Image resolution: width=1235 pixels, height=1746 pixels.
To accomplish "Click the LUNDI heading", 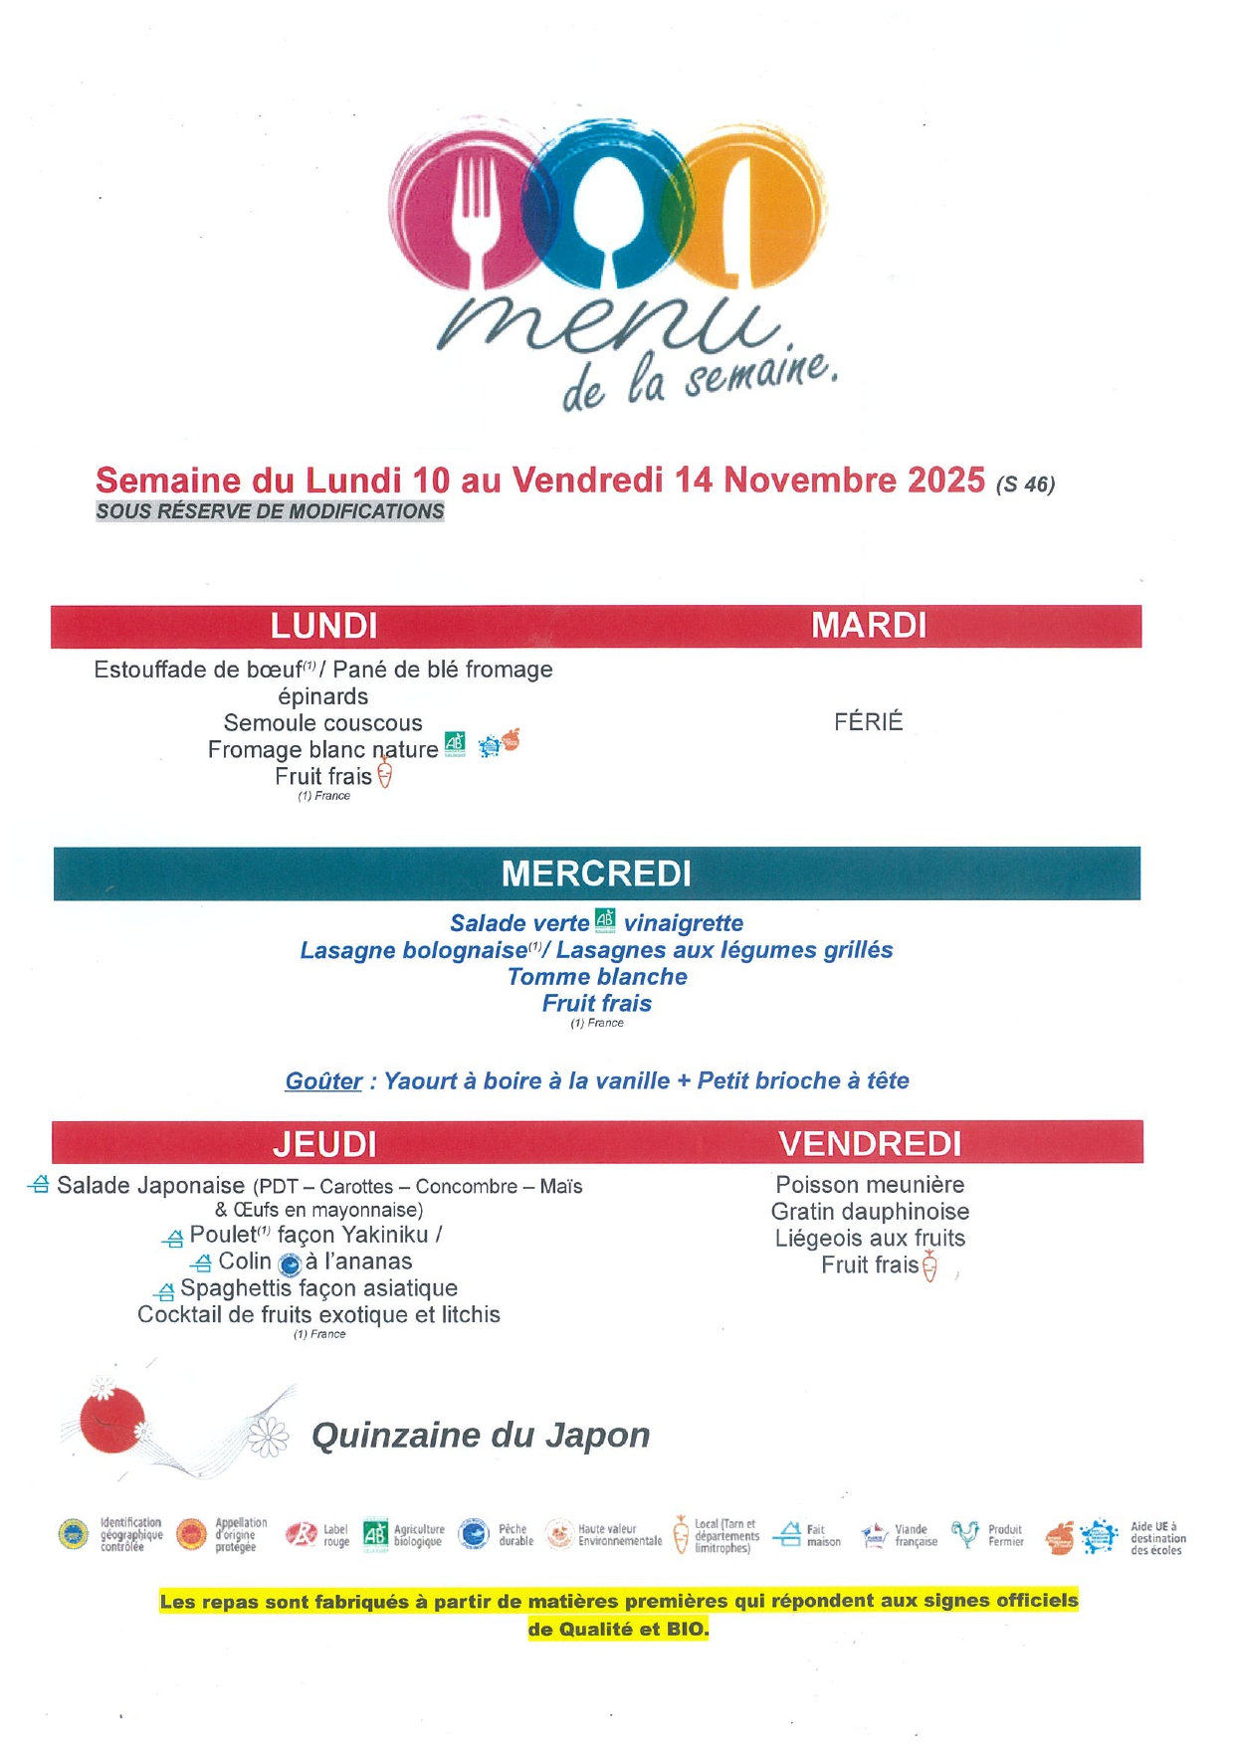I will coord(324,626).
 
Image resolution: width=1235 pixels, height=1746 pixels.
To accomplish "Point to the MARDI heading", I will coord(869,625).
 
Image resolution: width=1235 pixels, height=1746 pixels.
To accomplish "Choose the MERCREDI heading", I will coord(596,873).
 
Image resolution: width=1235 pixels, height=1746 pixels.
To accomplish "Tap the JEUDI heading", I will coord(324,1144).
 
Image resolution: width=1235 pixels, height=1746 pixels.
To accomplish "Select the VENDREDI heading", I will coord(870,1144).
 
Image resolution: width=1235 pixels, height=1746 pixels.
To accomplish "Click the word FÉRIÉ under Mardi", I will coord(869,721).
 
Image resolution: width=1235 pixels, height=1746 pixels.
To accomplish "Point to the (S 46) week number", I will coord(1025,485).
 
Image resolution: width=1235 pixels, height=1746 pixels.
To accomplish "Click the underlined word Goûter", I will coord(323,1081).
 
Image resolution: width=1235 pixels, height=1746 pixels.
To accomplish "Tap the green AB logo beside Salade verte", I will coord(605,920).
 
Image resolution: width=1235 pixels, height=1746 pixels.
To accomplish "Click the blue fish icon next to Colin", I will coord(290,1263).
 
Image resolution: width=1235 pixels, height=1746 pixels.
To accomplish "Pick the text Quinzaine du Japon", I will coord(481,1436).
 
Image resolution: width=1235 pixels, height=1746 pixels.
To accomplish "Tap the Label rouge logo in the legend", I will coord(301,1535).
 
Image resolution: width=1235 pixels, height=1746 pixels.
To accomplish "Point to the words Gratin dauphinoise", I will coord(870,1212).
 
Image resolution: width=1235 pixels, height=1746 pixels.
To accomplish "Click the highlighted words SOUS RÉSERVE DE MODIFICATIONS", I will coord(270,511).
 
